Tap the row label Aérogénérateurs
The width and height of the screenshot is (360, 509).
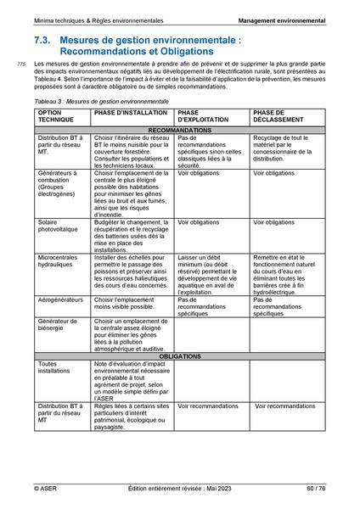click(x=61, y=299)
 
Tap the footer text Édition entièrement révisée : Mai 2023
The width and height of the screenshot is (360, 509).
click(x=179, y=488)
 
